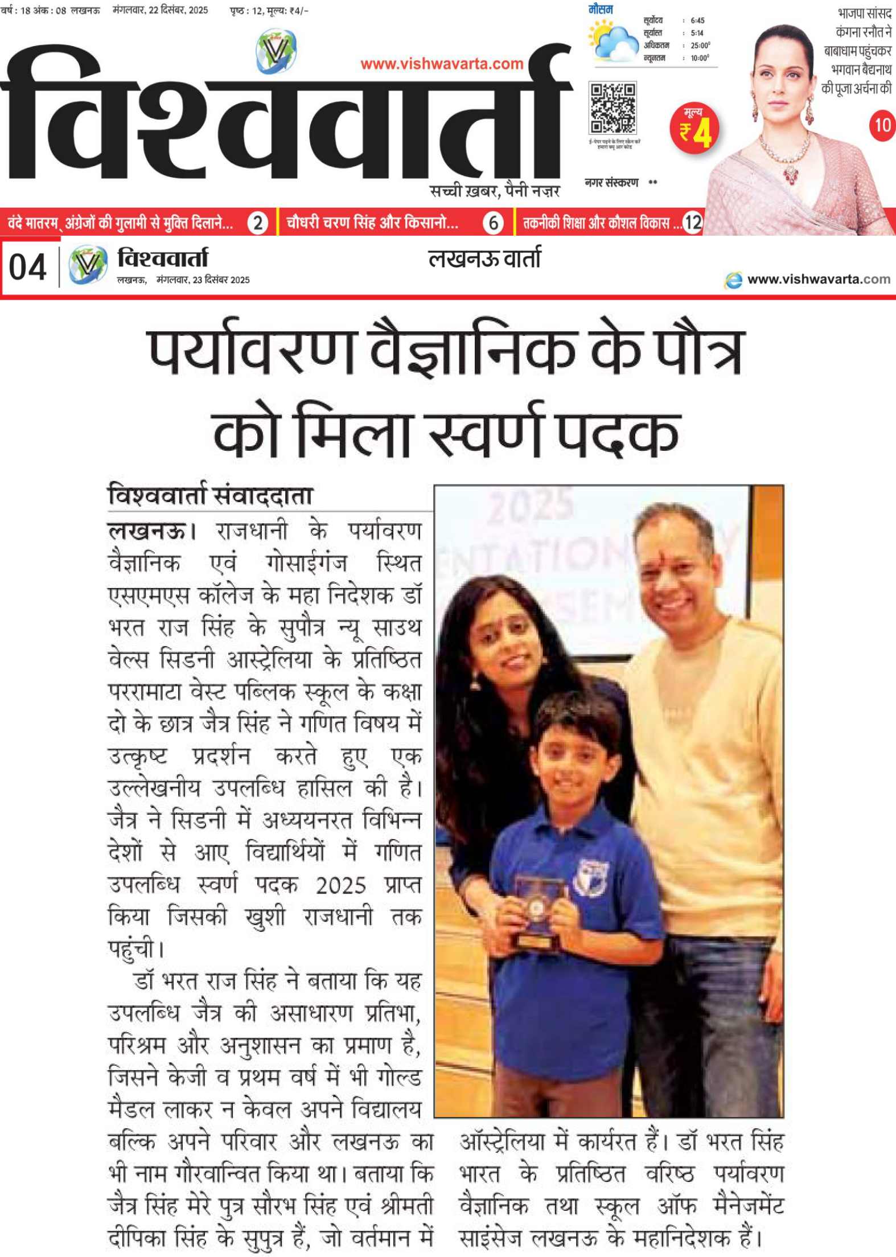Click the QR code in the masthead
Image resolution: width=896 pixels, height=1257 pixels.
tap(612, 108)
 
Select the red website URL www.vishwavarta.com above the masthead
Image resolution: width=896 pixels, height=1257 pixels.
tap(442, 64)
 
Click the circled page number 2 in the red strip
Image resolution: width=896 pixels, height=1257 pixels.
tap(258, 223)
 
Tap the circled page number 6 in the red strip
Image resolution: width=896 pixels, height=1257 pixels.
tap(493, 223)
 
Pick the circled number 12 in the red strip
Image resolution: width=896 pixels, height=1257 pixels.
tap(692, 223)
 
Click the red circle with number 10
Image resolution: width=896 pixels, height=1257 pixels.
tap(881, 124)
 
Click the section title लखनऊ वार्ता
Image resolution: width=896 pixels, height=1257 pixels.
tap(484, 259)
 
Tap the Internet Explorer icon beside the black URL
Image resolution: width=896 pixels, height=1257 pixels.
tap(733, 280)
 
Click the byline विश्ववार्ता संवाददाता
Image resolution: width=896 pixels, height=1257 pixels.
tap(210, 495)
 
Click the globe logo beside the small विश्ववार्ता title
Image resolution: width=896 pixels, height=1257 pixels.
tap(88, 265)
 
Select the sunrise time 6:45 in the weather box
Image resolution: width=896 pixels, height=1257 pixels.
tap(697, 20)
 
